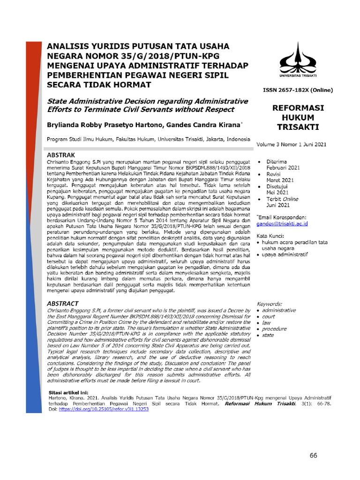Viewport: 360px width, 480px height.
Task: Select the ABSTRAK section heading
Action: pos(64,155)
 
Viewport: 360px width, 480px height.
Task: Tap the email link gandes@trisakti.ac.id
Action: pos(282,225)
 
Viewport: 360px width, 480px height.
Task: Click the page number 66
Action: pos(314,456)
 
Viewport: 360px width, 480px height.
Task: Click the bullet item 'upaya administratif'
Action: pos(285,255)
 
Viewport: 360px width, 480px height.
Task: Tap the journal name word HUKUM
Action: pos(296,118)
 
